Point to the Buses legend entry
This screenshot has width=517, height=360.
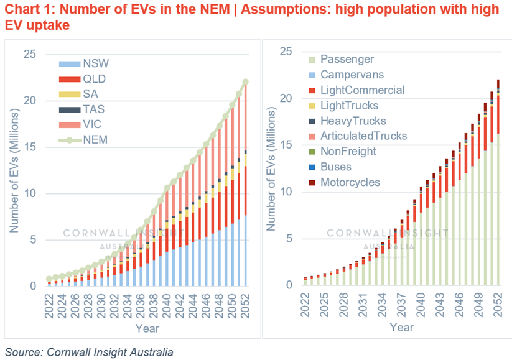coord(336,167)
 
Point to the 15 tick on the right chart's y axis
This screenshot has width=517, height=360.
coord(286,145)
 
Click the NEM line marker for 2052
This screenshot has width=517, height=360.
coord(246,82)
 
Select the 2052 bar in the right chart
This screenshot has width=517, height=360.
coord(498,187)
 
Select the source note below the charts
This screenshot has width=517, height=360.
coord(88,351)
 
